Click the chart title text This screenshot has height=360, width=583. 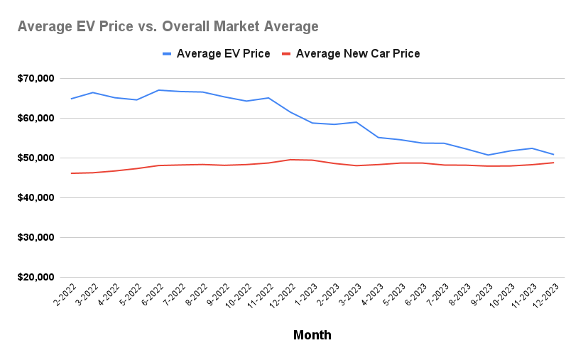[168, 27]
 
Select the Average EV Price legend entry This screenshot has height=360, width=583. [216, 54]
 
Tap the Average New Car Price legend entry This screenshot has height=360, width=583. [351, 54]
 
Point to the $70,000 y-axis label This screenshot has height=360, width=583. [36, 78]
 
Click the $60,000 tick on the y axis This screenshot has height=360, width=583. [36, 118]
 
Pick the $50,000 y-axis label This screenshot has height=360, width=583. [36, 158]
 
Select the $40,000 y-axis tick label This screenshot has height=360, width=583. [36, 197]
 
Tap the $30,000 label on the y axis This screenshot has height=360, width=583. [36, 237]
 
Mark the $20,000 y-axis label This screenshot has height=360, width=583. [36, 277]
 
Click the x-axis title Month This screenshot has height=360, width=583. [312, 334]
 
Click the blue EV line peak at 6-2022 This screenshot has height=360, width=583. [159, 90]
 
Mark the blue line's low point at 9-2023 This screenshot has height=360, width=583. [488, 155]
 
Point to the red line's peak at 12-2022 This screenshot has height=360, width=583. [290, 160]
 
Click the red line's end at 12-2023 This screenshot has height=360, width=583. [553, 163]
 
